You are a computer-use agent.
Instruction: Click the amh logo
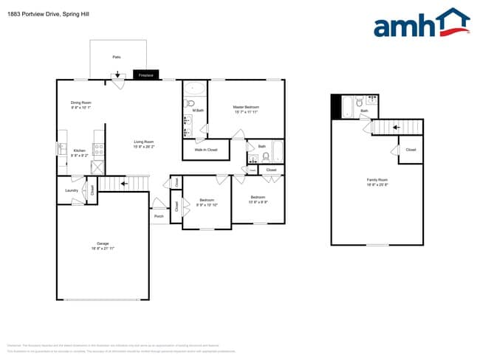(x=422, y=24)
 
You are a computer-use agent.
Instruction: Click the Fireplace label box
(x=145, y=75)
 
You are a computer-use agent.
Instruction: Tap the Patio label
(x=117, y=57)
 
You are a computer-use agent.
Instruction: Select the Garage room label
(x=103, y=245)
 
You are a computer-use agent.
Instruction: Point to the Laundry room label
(x=72, y=190)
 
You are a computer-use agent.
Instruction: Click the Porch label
(x=159, y=217)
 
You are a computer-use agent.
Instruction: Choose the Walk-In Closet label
(x=206, y=150)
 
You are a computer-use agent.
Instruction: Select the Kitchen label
(x=79, y=153)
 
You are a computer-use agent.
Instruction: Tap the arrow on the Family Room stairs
(x=396, y=127)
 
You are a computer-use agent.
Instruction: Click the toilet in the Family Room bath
(x=358, y=103)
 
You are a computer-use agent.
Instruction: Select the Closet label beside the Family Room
(x=411, y=150)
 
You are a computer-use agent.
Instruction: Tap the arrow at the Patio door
(x=117, y=74)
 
